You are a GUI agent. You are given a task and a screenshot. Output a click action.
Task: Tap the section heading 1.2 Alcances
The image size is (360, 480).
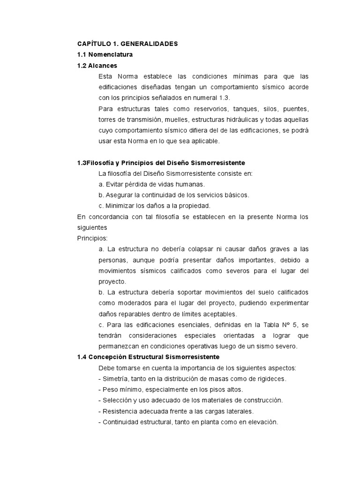(x=97, y=66)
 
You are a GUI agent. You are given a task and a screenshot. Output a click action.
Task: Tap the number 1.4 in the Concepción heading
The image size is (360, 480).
(x=82, y=357)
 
